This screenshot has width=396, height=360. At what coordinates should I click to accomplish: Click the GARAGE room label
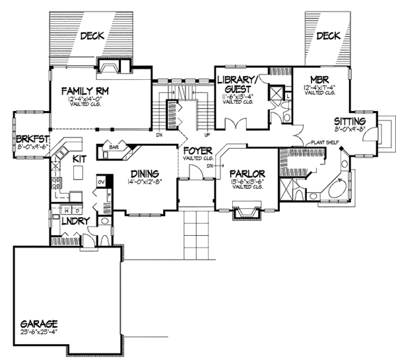point(38,324)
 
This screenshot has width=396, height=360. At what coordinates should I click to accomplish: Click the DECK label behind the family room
point(92,38)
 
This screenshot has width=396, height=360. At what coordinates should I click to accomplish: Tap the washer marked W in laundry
point(59,209)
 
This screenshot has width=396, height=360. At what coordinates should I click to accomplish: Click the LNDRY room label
point(74,223)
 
